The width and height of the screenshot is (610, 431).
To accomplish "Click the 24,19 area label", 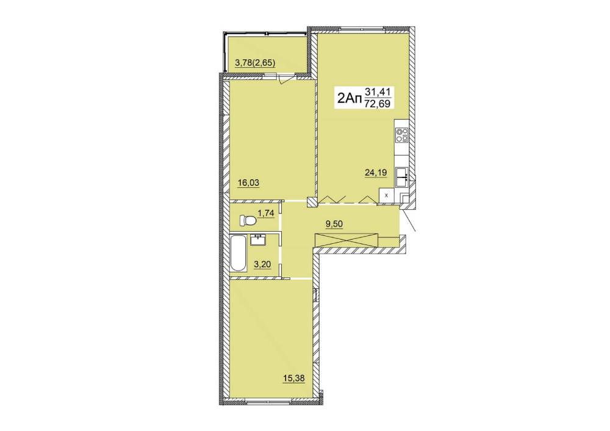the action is pos(376,172).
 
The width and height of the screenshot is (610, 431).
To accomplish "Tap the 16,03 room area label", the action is pos(249,183).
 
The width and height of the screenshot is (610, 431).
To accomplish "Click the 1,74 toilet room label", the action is pos(266,213).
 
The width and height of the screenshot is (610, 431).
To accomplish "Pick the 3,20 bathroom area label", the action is pos(262,265).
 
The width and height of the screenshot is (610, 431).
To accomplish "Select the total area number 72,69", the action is pos(378,104).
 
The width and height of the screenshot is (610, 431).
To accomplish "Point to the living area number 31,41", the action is pos(378,93).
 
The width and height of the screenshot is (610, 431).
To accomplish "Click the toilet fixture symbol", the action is pos(248,221).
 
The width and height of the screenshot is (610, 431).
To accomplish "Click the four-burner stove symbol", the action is pos(402,135).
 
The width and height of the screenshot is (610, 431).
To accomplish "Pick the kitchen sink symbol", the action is pos(402,177).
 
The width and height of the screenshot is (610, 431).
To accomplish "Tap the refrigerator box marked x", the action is pos(386,196).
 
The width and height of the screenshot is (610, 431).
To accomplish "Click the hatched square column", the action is pos(312,202).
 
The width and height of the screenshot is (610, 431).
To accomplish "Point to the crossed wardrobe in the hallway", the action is pos(346,240).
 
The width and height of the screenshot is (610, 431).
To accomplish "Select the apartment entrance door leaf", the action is pos(409,220).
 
